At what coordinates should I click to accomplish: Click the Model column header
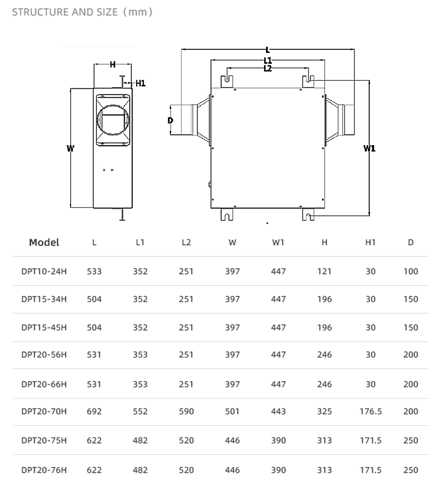coord(44,242)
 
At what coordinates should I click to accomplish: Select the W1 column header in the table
coord(278,242)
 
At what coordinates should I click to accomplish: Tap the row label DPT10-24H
coord(44,271)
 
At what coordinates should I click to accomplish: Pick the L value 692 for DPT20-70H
coord(94,412)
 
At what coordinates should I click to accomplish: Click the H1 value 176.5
coord(371,412)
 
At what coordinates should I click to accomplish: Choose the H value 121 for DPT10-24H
coord(324,271)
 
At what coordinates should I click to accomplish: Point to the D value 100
coord(411,271)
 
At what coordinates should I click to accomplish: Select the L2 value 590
coord(186,412)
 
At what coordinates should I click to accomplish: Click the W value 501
coord(232,412)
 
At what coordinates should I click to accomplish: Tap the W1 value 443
coord(278,412)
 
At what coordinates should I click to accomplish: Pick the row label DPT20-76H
coord(44,470)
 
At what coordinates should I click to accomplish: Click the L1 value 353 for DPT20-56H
coord(140,355)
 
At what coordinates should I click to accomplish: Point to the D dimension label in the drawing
coord(170,120)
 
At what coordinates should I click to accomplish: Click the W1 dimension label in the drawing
coord(369,148)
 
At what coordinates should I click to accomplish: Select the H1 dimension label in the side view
coord(140,83)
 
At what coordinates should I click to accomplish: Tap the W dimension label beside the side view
coord(70,148)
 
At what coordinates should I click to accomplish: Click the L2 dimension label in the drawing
coord(268,69)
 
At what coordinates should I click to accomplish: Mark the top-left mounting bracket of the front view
coord(227,81)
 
